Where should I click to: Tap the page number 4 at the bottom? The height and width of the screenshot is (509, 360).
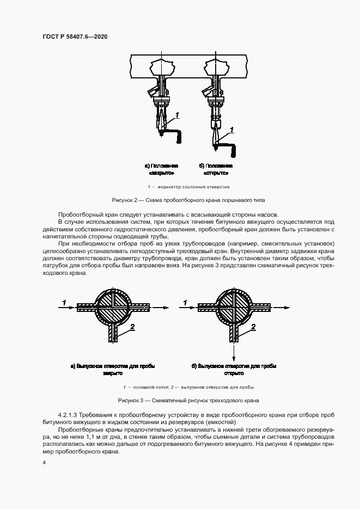(45, 462)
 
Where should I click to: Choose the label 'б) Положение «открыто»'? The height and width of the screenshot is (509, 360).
(216, 169)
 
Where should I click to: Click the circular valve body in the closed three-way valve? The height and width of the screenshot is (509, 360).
(113, 306)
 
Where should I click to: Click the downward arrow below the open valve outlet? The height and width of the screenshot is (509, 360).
(234, 354)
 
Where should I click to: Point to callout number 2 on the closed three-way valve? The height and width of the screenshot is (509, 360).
(132, 326)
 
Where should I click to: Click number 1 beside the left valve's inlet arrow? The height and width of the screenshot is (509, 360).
(64, 301)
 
